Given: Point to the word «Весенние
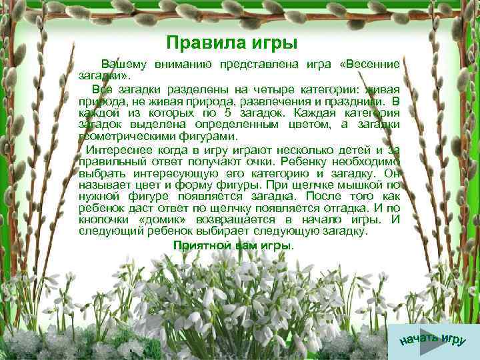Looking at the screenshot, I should (369, 65).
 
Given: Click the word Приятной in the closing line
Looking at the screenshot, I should (199, 245).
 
